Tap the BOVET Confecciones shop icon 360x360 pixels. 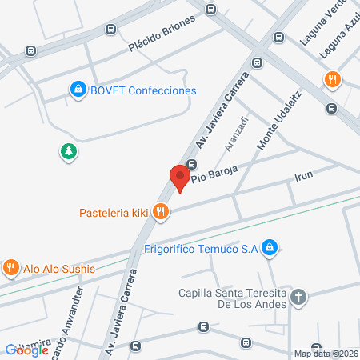pos(78,90)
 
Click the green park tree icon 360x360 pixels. pos(69,150)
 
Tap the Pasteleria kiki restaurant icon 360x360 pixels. pos(162,212)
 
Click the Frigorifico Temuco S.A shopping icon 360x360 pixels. pos(270,249)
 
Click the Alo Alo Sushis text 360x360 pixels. pos(58,269)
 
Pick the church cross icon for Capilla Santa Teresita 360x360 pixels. pos(298,298)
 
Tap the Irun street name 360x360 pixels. pos(303,175)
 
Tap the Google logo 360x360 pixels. pos(27,350)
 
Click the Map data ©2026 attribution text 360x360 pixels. pos(326,353)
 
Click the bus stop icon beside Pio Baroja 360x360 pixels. pos(192,165)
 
